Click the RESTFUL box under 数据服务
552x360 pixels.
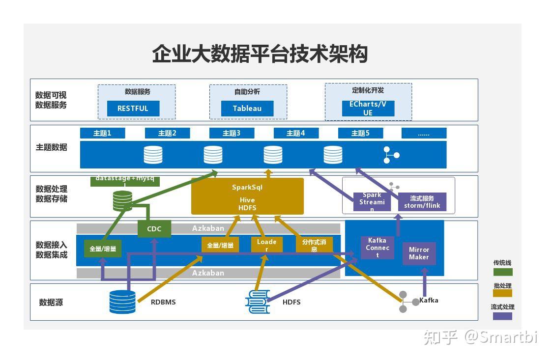tap(133, 109)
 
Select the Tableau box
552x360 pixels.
tap(247, 109)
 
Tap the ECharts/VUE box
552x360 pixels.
tap(368, 109)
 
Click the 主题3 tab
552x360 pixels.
tap(232, 133)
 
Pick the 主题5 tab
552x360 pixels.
tap(360, 133)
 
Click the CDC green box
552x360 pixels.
tap(154, 229)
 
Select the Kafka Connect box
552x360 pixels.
tap(378, 248)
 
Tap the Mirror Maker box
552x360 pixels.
tap(419, 253)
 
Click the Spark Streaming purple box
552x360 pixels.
tap(372, 202)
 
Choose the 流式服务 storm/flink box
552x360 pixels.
tap(422, 202)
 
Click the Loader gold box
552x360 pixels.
tap(267, 245)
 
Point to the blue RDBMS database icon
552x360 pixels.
tap(122, 302)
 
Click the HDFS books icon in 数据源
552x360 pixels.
tap(258, 302)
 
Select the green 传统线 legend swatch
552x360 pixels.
tap(502, 272)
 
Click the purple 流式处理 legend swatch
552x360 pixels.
tap(502, 316)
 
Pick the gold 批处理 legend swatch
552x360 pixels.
tap(502, 294)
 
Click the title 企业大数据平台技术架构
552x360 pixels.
tap(260, 54)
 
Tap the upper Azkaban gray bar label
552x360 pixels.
tap(208, 228)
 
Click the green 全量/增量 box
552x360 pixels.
tap(103, 249)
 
